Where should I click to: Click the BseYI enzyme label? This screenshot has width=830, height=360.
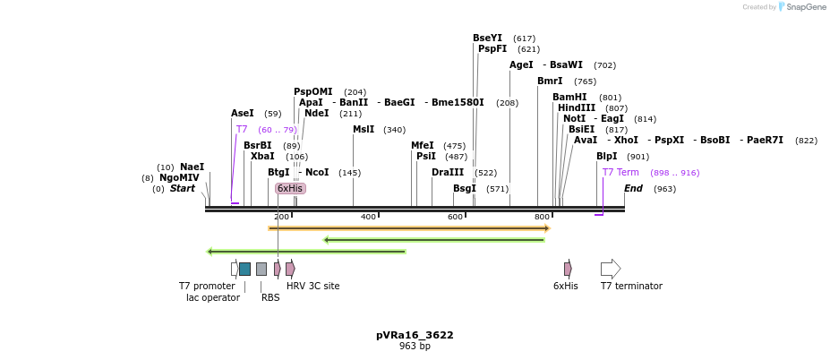click(487, 38)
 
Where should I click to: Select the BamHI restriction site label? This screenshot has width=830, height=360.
click(569, 97)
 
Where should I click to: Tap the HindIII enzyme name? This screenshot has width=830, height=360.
click(577, 107)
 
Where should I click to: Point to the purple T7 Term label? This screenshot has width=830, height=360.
click(620, 172)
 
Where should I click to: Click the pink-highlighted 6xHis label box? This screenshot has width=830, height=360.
click(290, 188)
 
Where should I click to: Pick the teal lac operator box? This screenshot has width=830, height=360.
click(244, 269)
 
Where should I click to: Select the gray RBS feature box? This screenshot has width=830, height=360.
click(261, 269)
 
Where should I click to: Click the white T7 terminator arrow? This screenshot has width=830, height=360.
click(610, 269)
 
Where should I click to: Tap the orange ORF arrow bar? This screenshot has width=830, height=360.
click(408, 228)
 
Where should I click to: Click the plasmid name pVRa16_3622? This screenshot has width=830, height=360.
click(415, 335)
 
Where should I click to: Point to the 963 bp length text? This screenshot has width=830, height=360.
click(415, 347)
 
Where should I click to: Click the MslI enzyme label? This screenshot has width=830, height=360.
click(364, 129)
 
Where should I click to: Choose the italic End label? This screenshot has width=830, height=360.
click(633, 188)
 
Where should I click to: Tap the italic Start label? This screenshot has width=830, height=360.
click(183, 188)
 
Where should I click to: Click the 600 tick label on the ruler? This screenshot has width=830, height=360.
click(456, 217)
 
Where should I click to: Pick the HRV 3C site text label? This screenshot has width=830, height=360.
click(312, 286)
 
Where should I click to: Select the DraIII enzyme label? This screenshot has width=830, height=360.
click(448, 172)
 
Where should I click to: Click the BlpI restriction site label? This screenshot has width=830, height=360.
click(607, 156)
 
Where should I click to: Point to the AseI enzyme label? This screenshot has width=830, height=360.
click(243, 113)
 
